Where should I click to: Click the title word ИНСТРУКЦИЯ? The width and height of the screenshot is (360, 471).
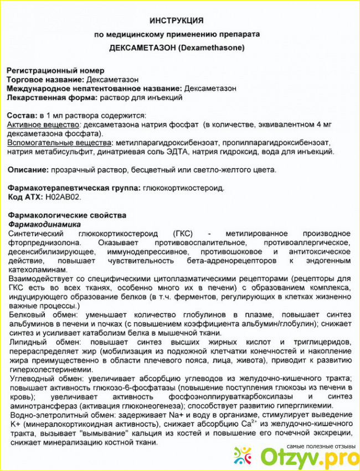click(180, 20)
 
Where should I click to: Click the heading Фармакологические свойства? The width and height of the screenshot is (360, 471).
click(66, 215)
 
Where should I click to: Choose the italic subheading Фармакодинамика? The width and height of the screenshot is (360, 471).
click(44, 224)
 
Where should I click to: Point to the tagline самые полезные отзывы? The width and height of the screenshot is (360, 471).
click(321, 446)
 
